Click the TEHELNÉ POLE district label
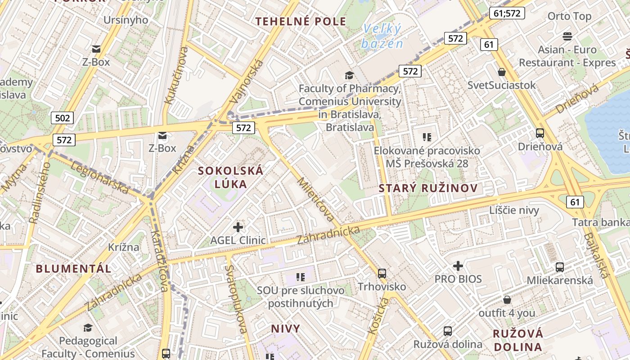pyautogui.click(x=301, y=21)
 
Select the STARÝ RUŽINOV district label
pyautogui.click(x=428, y=188)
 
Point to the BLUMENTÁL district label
pyautogui.click(x=73, y=269)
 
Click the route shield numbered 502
pyautogui.click(x=62, y=118)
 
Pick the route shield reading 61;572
pyautogui.click(x=507, y=13)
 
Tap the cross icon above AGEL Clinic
pyautogui.click(x=238, y=227)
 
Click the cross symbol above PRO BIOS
pyautogui.click(x=458, y=266)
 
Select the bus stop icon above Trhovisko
pyautogui.click(x=382, y=273)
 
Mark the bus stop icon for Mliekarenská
pyautogui.click(x=560, y=267)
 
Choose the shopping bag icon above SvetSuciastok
pyautogui.click(x=502, y=72)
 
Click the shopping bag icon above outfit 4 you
pyautogui.click(x=507, y=300)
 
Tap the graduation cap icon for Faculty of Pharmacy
pyautogui.click(x=349, y=75)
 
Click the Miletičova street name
pyautogui.click(x=316, y=200)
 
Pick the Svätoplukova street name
pyautogui.click(x=236, y=299)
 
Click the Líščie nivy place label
pyautogui.click(x=514, y=210)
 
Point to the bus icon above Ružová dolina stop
pyautogui.click(x=448, y=331)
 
